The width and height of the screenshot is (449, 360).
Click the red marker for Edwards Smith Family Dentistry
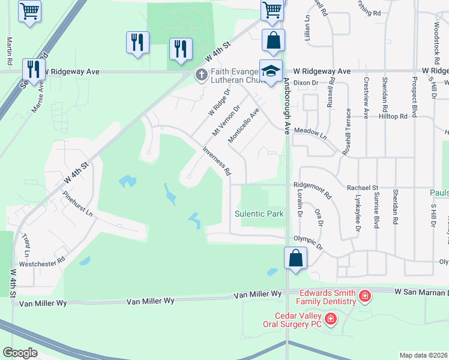364,296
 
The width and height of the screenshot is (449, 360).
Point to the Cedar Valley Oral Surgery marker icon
330,319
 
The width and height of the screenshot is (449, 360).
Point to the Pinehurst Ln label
78,205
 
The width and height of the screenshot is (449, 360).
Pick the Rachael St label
363,188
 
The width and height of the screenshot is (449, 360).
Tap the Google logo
20,352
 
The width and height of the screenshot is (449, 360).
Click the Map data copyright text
424,355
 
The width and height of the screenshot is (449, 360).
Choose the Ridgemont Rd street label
312,191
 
